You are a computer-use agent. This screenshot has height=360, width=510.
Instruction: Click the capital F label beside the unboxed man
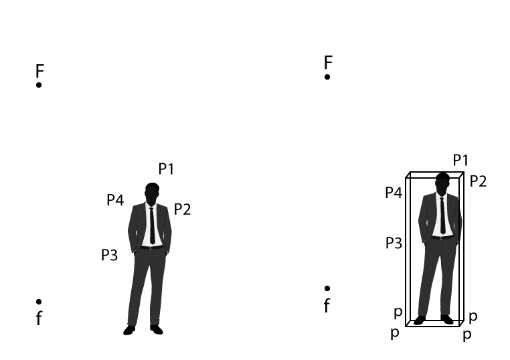coord(39,71)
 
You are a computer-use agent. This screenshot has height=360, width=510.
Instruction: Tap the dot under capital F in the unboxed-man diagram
coord(39,85)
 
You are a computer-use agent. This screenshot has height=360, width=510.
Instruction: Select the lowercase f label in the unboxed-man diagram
coord(39,318)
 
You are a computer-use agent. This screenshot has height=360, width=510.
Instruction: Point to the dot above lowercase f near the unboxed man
coord(39,302)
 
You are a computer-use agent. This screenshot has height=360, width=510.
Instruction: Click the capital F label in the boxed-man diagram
coord(328,62)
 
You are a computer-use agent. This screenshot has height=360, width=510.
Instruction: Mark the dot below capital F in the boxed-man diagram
coord(327,77)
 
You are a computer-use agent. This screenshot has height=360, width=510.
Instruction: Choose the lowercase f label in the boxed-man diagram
coord(327,306)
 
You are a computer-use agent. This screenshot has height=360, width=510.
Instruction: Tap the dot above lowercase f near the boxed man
coord(327,288)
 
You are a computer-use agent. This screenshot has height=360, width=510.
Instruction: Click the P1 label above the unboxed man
coord(166,169)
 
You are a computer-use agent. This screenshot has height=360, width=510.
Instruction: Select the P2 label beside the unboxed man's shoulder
coord(182,209)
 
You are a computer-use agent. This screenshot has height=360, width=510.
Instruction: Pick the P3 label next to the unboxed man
coord(109,256)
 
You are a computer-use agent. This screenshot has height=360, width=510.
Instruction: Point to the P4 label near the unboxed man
coord(115,200)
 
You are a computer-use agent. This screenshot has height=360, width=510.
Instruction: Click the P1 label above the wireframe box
coord(460,161)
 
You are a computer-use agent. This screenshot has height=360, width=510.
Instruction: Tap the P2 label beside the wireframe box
coord(478,181)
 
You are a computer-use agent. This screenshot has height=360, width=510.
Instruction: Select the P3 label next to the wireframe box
coord(394,244)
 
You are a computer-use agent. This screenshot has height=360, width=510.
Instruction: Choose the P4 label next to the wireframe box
coord(394,193)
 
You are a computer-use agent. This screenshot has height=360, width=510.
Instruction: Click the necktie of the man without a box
coord(152,226)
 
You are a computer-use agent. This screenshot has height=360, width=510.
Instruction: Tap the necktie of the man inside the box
coord(442,215)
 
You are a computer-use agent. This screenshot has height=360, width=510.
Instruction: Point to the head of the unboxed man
coord(152,193)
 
